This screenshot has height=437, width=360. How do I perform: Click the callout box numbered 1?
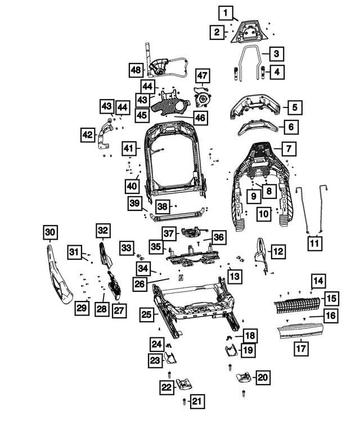coord(224,12)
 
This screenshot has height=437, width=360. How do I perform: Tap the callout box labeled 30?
coord(50,232)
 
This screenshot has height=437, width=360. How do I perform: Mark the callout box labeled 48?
coord(136,70)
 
